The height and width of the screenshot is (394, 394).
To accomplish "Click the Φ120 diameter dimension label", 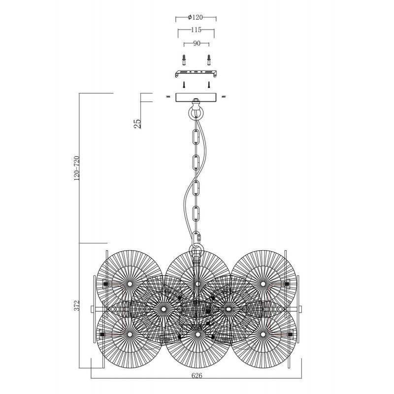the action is point(195,17).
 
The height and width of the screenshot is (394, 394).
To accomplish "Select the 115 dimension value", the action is point(196,30).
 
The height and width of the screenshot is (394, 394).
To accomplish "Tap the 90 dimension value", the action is point(197,43).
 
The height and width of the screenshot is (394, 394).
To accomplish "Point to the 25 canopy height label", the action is point(137,124).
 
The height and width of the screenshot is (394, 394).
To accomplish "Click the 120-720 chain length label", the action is point(77,168).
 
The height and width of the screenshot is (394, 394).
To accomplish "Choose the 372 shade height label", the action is point(77,305).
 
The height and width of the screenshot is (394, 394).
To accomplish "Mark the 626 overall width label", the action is point(197,376).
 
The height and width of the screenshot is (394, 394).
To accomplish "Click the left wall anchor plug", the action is point(184,60).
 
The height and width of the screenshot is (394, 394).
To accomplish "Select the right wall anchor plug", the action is point(208,60).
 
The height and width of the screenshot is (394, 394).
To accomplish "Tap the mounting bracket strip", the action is point(196,73).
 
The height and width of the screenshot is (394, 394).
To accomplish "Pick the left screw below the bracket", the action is point(184,84).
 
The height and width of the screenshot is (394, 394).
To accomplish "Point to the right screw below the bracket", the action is point(208,84).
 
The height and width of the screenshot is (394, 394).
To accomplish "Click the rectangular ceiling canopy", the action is point(196,97).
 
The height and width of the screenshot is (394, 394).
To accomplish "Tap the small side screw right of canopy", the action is point(224,96).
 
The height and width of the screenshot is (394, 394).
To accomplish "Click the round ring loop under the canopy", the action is point(196,112).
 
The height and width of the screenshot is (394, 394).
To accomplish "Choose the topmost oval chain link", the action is point(196,137).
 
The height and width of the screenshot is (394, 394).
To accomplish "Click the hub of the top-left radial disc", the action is point(130,284).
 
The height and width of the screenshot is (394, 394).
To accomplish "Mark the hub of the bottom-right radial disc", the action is point(263,334).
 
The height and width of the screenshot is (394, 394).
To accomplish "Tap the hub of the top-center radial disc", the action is point(198,284).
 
